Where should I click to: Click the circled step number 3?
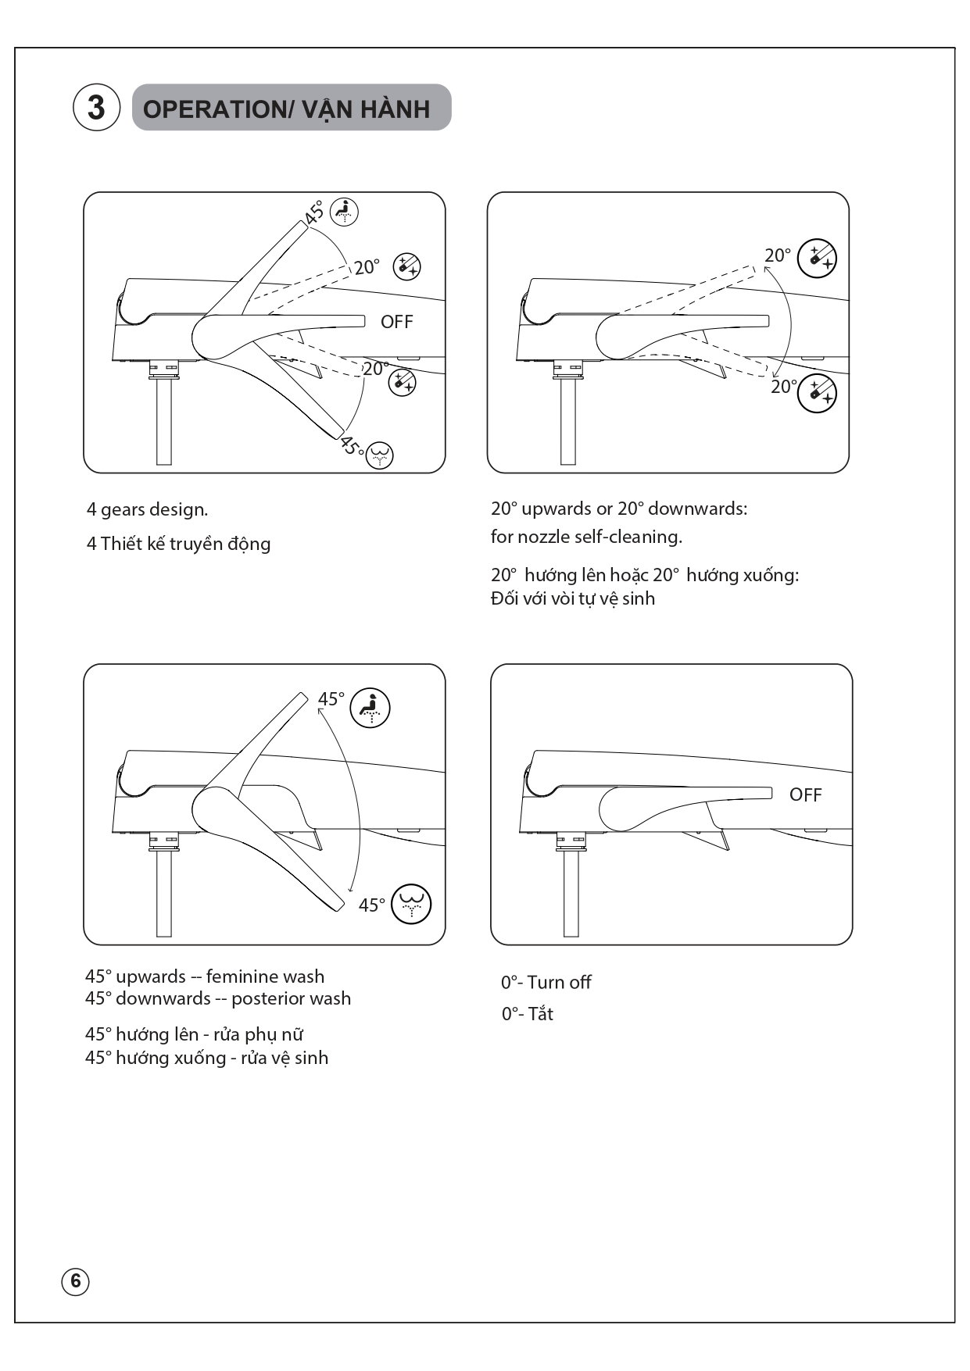pos(96,107)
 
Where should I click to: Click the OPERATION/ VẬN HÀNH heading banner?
pos(292,108)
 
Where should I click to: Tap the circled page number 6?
pos(76,1281)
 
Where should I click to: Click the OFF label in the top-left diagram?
pos(396,322)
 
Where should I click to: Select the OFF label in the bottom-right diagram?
pos(805,794)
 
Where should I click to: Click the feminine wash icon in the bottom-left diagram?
pos(370,708)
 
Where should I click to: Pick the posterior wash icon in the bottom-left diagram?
pos(411,904)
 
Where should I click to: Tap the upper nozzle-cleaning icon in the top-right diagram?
pos(817,258)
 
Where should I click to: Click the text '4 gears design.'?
pos(147,509)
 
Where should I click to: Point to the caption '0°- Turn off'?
pos(546,982)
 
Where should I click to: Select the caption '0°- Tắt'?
pos(527,1013)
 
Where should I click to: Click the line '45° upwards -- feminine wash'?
pos(205,976)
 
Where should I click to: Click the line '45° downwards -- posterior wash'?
pos(218,998)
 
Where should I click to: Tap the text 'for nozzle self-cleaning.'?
pos(586,537)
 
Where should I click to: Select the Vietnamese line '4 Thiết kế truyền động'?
pos(178,544)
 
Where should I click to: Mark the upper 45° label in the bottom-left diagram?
pos(331,699)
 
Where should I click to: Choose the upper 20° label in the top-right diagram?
pos(778,255)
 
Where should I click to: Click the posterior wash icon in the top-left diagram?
pos(380,455)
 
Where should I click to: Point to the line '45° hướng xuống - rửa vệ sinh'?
pos(206,1058)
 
